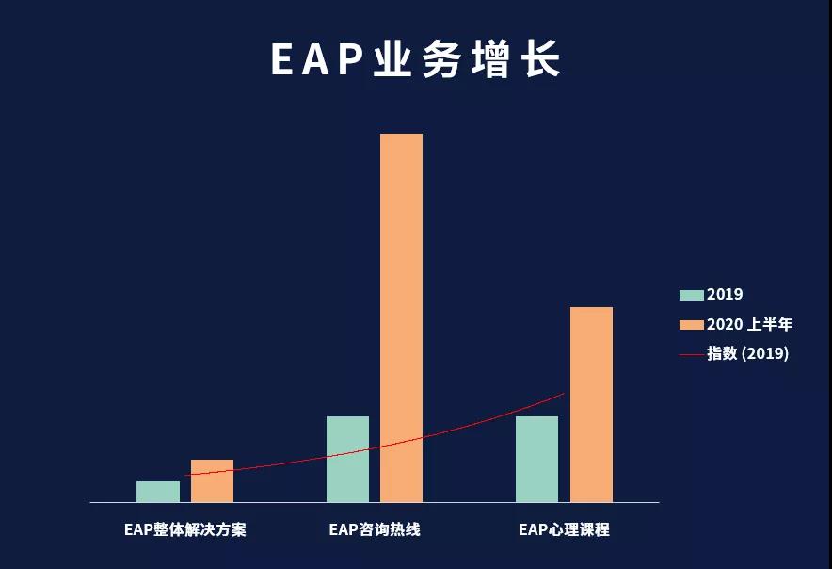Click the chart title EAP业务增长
(416, 59)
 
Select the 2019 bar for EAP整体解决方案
(158, 492)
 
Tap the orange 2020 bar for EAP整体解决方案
(213, 480)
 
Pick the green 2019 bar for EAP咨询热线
(347, 459)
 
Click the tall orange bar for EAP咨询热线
(402, 317)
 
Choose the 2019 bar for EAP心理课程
(537, 459)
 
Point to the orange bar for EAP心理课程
(592, 404)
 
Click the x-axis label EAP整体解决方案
(185, 529)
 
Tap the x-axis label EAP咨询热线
(375, 529)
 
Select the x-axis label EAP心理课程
(564, 529)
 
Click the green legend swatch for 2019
(692, 295)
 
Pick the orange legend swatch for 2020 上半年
(692, 325)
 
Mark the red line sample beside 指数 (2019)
(692, 354)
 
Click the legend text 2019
(725, 294)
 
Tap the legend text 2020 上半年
(749, 324)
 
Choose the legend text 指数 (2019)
(747, 353)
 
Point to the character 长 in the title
(542, 59)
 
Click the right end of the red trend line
(564, 394)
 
